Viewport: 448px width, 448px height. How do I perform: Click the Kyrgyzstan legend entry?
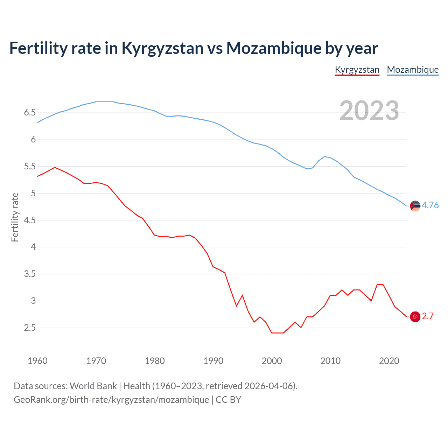(x=357, y=70)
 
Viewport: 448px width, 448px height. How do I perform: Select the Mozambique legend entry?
(x=413, y=70)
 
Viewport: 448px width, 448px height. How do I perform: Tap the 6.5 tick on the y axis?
(x=30, y=113)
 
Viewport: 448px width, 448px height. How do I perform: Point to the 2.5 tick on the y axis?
(x=30, y=328)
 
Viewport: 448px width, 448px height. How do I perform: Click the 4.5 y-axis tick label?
(x=30, y=220)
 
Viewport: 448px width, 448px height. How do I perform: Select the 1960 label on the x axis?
(x=37, y=361)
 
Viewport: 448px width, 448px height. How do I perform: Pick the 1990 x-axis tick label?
(x=213, y=361)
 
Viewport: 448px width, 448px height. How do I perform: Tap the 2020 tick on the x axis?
(x=389, y=361)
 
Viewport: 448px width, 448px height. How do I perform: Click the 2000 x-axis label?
(x=272, y=361)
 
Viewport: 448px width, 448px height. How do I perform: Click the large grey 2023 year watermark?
(x=369, y=111)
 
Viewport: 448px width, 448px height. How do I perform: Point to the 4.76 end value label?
(x=430, y=205)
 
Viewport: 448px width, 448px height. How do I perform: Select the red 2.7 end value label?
(x=428, y=316)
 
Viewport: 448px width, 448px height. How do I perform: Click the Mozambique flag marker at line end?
(x=415, y=206)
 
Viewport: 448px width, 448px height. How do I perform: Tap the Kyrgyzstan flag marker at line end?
(x=415, y=317)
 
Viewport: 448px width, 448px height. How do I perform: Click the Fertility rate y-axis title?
(x=15, y=217)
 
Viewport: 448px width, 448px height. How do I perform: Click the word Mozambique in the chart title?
(x=274, y=48)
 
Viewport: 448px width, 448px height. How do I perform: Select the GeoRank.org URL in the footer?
(x=111, y=400)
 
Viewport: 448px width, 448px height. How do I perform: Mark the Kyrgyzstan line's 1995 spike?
(x=242, y=295)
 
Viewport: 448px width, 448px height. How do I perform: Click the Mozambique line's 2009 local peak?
(x=324, y=156)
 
